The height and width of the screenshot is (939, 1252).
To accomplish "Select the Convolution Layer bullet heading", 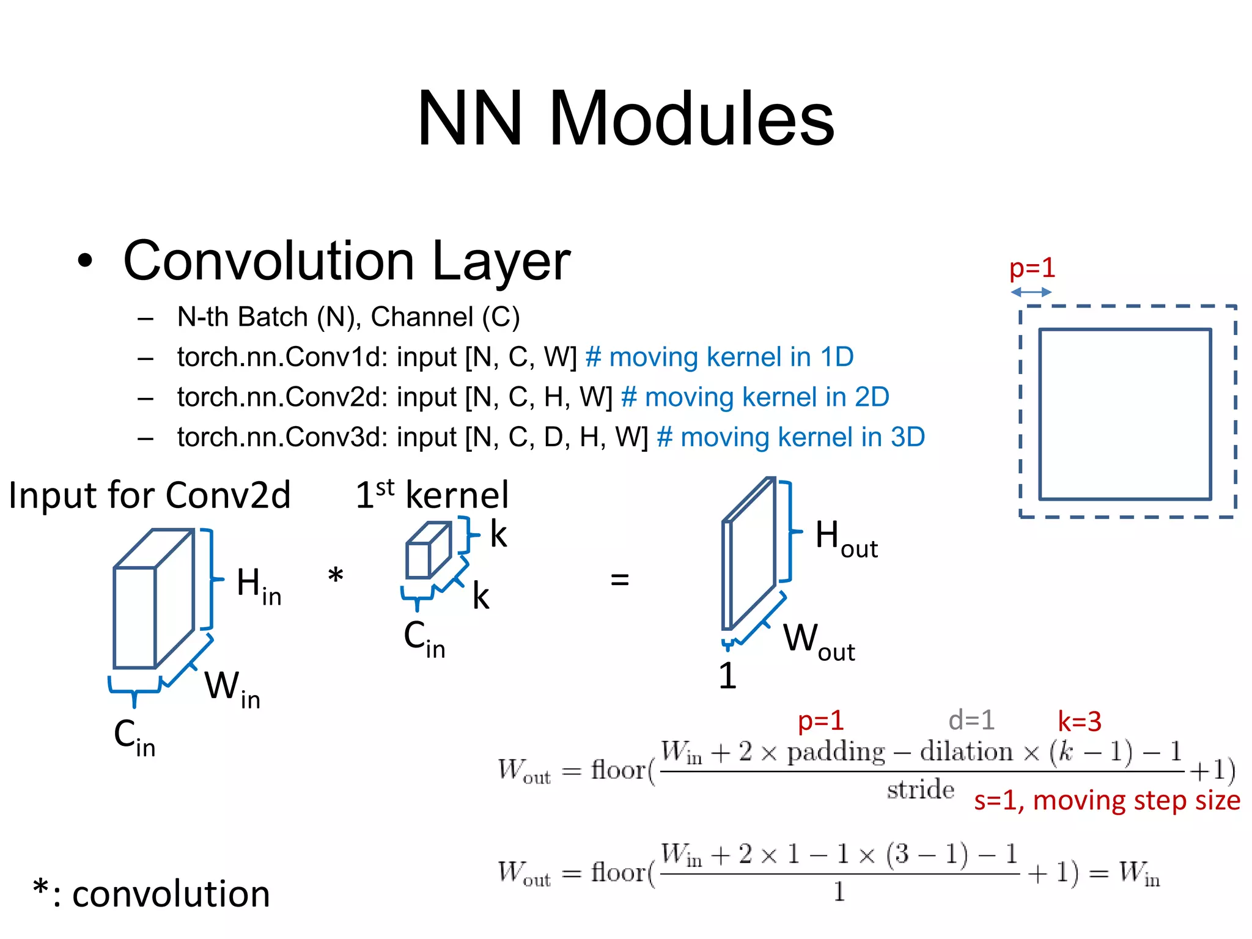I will [x=346, y=261].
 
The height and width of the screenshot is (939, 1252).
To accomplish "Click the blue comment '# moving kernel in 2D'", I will [x=754, y=397].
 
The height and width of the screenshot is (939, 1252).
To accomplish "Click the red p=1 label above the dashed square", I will [x=1032, y=268].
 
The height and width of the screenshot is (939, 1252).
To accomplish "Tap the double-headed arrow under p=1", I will [x=1031, y=292].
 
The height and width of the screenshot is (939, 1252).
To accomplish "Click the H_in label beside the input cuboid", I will [x=259, y=586].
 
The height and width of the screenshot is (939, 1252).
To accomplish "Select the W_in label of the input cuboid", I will [x=232, y=689].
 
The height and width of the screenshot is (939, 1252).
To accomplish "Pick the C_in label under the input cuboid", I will [x=134, y=737].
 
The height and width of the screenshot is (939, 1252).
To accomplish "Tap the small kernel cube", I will [x=428, y=550].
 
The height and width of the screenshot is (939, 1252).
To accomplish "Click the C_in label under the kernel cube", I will [x=424, y=639].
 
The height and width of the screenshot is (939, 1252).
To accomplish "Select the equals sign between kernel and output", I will [x=619, y=579].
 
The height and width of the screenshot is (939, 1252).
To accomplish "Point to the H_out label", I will [x=845, y=539].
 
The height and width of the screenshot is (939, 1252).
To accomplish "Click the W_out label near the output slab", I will [x=819, y=642].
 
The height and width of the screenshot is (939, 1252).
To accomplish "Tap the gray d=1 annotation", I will [x=971, y=721].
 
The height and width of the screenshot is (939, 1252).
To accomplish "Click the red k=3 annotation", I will [x=1080, y=722].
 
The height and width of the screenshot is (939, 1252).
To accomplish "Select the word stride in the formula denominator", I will [x=920, y=790].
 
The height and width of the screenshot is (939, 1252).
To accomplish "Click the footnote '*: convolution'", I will [x=152, y=893].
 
